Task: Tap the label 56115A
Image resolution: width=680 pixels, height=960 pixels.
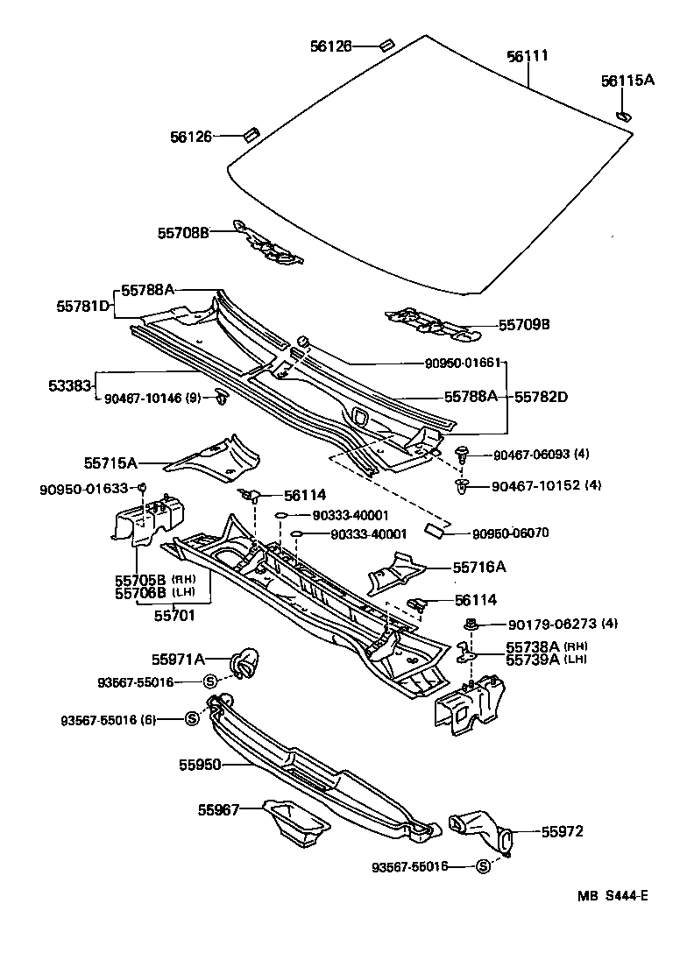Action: (x=627, y=81)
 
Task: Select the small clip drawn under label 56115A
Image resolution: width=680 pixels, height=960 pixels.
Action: (x=623, y=114)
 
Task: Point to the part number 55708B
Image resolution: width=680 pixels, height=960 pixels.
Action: (x=183, y=232)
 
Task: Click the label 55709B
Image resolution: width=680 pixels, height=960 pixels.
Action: (x=524, y=324)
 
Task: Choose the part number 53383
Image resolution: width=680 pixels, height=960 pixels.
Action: (x=70, y=385)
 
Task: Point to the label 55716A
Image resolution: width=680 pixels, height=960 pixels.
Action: (x=479, y=567)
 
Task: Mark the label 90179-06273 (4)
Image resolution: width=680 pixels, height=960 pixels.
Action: (x=563, y=624)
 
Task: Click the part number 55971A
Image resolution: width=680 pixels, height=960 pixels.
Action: (x=181, y=659)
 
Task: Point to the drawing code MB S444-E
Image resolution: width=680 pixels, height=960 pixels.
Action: (x=613, y=895)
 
